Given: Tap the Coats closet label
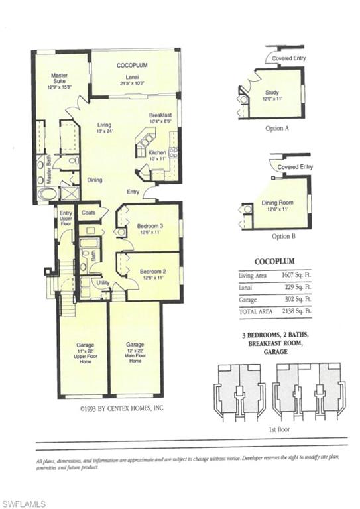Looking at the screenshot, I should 88,213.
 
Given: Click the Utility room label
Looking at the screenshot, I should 102,283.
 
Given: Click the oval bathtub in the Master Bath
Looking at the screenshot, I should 48,194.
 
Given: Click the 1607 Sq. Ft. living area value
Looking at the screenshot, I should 297,275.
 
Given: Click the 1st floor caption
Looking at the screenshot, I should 280,429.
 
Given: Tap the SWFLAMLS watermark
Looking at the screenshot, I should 23,504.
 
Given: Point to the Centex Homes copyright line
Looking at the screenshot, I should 123,409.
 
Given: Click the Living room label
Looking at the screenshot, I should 104,128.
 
